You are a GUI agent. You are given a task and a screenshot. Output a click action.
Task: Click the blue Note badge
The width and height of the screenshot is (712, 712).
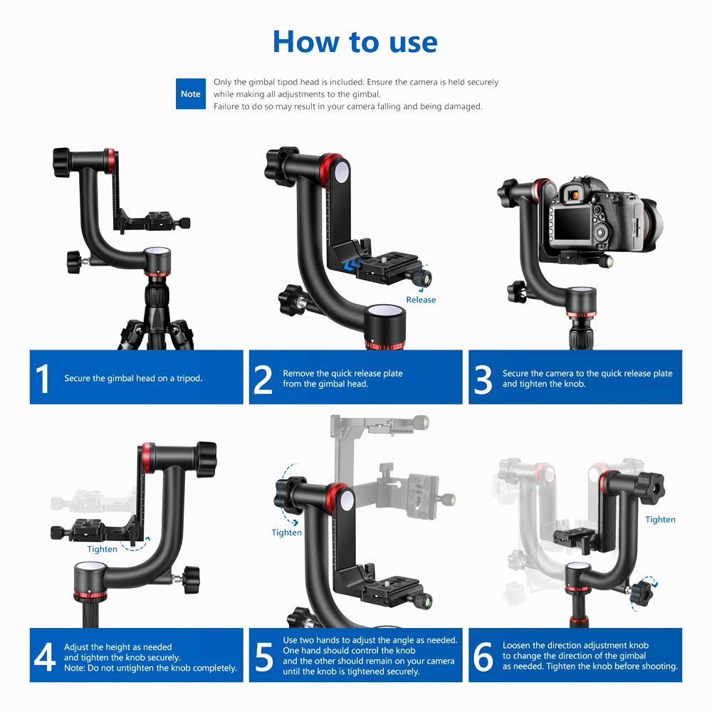(190, 93)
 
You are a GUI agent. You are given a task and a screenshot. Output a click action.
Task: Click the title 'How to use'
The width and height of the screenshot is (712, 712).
(355, 42)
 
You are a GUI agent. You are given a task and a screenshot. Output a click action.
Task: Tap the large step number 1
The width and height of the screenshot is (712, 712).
(43, 378)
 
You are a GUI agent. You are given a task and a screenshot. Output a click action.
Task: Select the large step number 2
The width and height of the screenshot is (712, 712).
(263, 379)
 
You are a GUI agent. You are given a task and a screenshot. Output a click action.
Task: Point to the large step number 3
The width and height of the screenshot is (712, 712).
(483, 379)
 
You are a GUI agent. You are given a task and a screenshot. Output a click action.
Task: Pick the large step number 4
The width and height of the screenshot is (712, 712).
(44, 656)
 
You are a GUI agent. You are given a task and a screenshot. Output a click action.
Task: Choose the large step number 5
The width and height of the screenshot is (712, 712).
(264, 656)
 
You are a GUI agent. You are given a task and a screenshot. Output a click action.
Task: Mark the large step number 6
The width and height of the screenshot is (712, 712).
(483, 656)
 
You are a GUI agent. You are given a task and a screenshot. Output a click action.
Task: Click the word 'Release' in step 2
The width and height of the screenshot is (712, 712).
(421, 300)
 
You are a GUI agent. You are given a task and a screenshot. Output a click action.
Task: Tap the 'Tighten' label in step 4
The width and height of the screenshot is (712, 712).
(102, 549)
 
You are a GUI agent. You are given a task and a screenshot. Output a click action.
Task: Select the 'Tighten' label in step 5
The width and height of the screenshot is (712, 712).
(286, 532)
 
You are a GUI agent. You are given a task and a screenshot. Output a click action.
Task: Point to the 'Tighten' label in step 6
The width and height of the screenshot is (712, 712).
(660, 520)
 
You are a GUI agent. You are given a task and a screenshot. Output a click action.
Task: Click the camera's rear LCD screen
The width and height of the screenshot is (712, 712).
(572, 224)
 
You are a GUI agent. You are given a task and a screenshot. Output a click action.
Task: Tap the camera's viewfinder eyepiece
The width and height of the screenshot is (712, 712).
(574, 195)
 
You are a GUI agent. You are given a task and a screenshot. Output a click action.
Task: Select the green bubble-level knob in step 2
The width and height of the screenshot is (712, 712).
(424, 278)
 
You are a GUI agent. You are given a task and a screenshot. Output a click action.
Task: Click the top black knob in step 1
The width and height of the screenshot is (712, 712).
(61, 162)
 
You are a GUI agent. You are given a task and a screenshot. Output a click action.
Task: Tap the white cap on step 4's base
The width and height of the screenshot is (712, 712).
(91, 567)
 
